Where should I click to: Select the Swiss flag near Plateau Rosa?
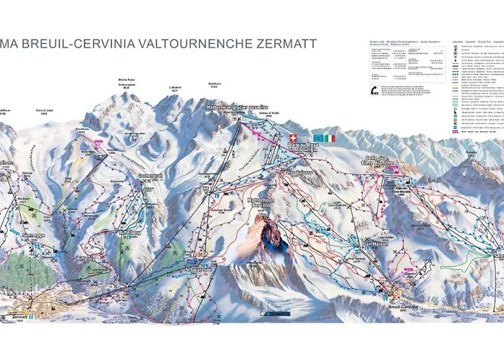pyautogui.click(x=292, y=138)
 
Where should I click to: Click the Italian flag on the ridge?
pyautogui.click(x=330, y=138)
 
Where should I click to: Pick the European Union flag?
pyautogui.click(x=318, y=138)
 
